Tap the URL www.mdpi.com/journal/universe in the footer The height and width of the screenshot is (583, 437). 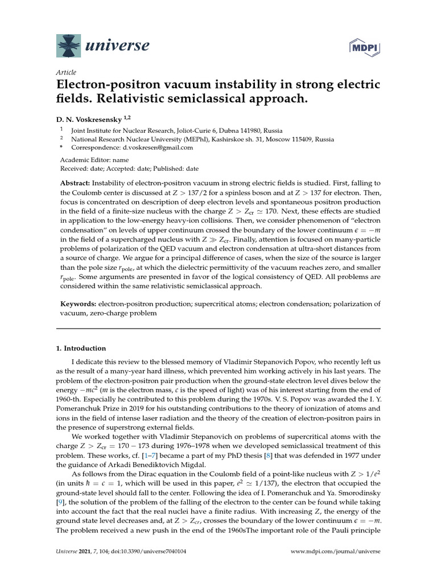tap(335, 568)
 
